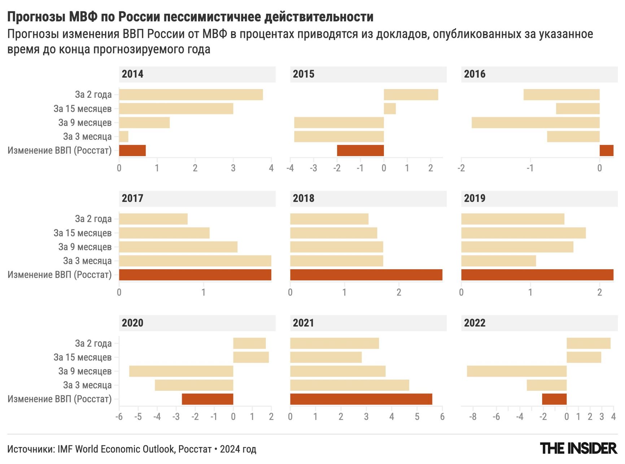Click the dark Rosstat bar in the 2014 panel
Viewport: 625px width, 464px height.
tap(132, 150)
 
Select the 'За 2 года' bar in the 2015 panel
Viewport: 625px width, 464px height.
tap(411, 95)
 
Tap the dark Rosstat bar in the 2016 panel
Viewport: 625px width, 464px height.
tap(606, 150)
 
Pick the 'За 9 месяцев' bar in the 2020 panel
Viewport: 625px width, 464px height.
tap(181, 371)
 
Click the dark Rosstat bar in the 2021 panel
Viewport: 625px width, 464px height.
tap(361, 399)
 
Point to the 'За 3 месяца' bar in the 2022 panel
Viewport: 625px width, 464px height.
tap(546, 385)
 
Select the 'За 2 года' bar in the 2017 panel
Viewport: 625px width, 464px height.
tap(153, 219)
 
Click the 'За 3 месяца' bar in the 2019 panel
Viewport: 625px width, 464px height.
tap(498, 261)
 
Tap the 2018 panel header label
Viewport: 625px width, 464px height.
tap(303, 198)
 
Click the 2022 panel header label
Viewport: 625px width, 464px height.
tap(475, 323)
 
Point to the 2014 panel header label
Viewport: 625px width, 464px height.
tap(132, 74)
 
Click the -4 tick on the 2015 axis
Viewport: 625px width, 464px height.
tap(290, 168)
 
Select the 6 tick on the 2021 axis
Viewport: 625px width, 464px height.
tap(442, 417)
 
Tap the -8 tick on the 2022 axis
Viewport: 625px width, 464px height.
tap(473, 417)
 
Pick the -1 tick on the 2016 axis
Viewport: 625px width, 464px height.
tap(530, 168)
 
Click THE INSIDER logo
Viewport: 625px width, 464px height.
tap(578, 448)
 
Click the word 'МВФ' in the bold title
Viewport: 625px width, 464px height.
tap(83, 17)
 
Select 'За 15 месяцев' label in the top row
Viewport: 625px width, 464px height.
tap(83, 109)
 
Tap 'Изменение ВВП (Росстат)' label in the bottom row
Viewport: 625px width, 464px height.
tap(60, 399)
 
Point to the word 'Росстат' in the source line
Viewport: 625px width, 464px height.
tap(195, 449)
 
